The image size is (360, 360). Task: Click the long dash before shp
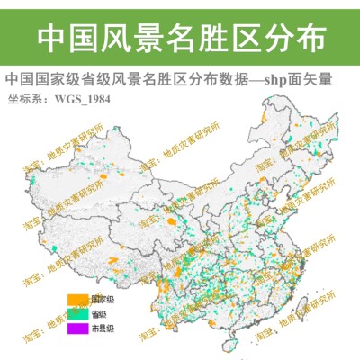click(x=260, y=80)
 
